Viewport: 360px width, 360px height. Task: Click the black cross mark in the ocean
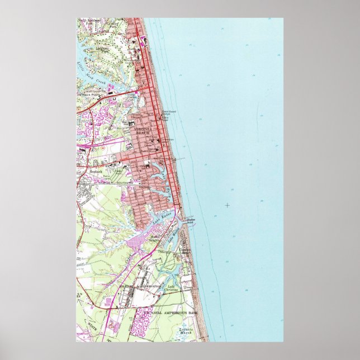[227, 206]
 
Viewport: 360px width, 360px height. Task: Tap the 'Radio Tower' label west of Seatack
[105, 178]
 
